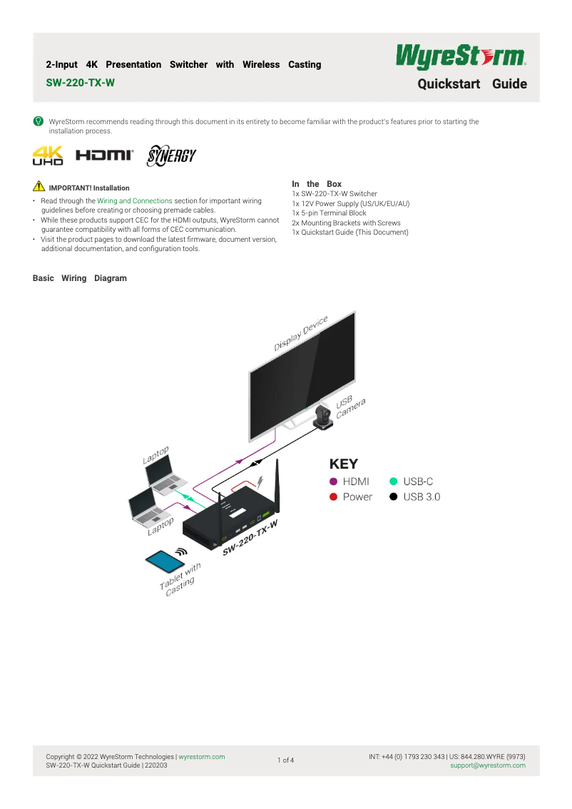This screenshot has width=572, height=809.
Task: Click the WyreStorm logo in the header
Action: (x=461, y=56)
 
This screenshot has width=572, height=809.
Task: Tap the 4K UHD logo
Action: (x=48, y=156)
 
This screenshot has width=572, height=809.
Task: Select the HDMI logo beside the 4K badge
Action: (x=104, y=155)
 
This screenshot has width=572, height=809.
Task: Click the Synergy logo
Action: (x=170, y=156)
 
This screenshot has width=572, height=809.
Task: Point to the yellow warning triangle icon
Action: (x=39, y=187)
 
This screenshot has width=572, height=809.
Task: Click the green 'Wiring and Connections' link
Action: (x=135, y=201)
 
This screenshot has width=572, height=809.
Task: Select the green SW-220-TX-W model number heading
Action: (x=80, y=83)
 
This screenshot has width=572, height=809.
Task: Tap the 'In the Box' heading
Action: (x=317, y=184)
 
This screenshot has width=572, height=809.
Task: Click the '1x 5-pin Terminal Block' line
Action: (x=329, y=213)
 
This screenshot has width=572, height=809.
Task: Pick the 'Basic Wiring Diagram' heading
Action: (x=80, y=278)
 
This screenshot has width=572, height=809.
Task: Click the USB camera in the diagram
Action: (x=325, y=416)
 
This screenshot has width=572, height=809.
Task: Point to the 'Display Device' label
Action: (x=301, y=333)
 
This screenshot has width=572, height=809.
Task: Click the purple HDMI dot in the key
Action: (x=333, y=482)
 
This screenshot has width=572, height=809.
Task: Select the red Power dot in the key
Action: (x=333, y=497)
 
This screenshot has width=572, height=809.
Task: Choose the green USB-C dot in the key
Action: (x=394, y=482)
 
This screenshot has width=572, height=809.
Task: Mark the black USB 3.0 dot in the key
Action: (x=394, y=497)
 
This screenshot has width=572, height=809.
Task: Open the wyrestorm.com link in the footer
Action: (x=202, y=757)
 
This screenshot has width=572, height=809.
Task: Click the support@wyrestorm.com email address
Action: (x=488, y=765)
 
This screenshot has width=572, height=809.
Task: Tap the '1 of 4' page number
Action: (x=285, y=760)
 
